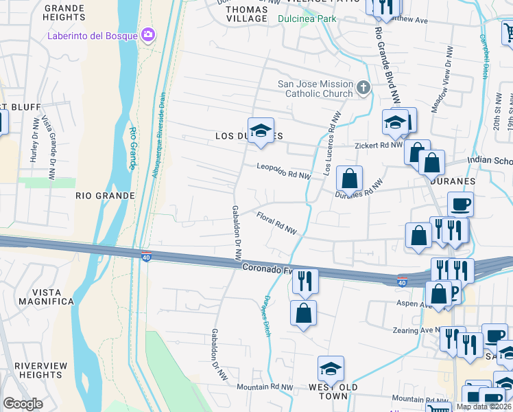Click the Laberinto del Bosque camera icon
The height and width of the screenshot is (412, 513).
tap(147, 35)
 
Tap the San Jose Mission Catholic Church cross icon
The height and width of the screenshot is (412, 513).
tap(363, 87)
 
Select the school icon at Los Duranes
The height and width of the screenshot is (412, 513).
tap(261, 130)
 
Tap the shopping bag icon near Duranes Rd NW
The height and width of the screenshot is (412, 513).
tap(349, 179)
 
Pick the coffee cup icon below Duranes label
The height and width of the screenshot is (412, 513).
tap(460, 204)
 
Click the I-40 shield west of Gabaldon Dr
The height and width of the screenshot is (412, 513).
tap(146, 257)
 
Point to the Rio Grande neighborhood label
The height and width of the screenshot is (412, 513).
tap(105, 196)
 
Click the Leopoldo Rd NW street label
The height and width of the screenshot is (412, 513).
tap(284, 171)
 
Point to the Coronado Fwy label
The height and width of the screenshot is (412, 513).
tap(267, 268)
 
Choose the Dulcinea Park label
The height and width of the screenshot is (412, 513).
tap(307, 19)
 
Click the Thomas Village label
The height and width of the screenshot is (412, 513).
tap(246, 14)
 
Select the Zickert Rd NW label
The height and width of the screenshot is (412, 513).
tap(378, 146)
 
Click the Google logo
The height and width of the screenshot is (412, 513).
tap(23, 404)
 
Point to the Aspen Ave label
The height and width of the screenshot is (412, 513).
tap(413, 302)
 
